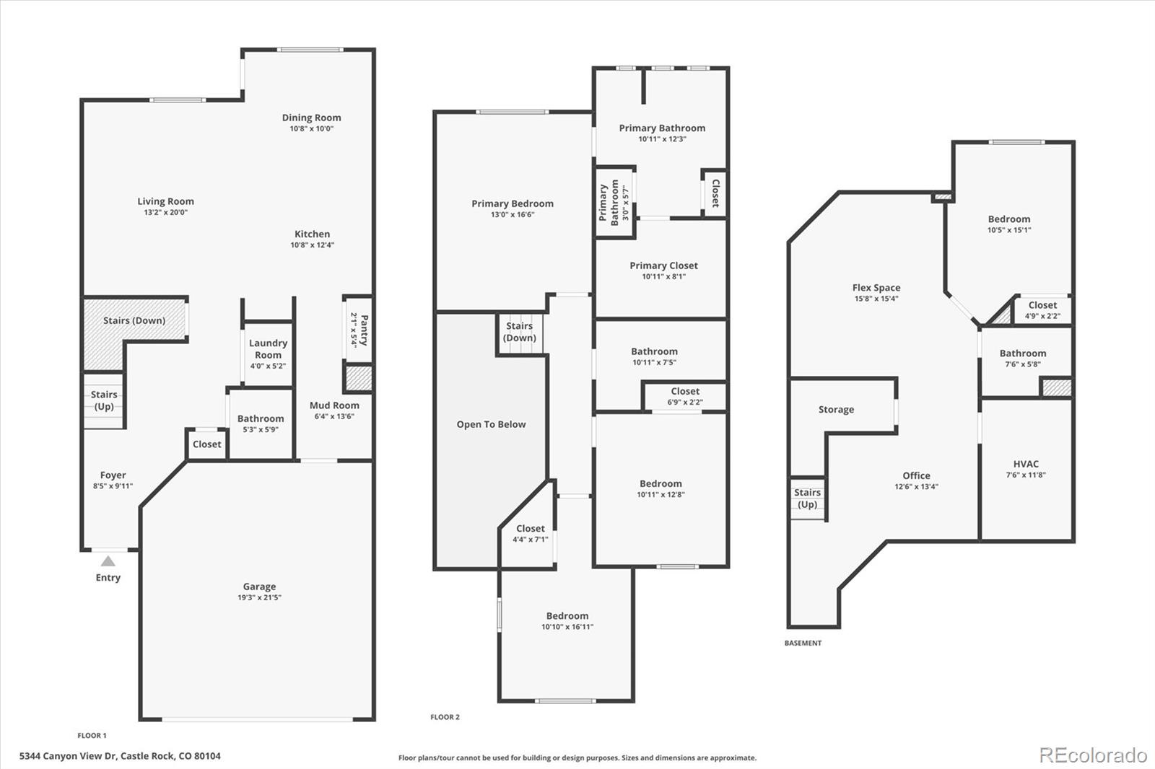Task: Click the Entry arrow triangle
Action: (x=108, y=561)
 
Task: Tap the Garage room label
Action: (x=259, y=586)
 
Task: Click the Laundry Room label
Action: (x=268, y=349)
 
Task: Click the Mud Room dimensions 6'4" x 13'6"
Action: (x=334, y=416)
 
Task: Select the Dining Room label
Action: (x=311, y=118)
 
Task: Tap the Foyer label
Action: (x=113, y=475)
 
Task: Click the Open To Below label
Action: (x=491, y=424)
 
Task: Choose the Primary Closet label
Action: (x=663, y=265)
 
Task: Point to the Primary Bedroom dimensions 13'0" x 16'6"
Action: (x=513, y=215)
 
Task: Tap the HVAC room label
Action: (x=1026, y=464)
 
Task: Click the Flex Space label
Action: (x=876, y=287)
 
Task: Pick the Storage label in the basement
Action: (x=836, y=409)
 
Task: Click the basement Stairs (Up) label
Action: (x=807, y=498)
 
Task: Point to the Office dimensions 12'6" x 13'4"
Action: (x=916, y=487)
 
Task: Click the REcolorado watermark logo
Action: (x=1092, y=755)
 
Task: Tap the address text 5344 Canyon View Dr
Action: (x=68, y=756)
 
